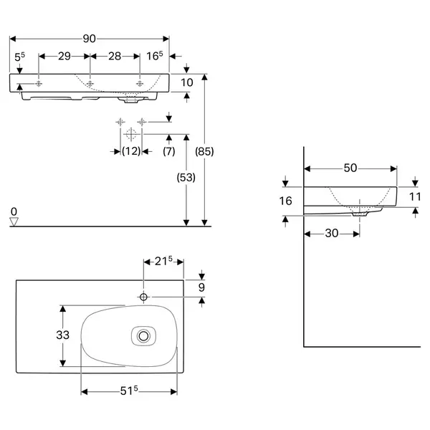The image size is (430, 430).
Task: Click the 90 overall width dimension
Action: coord(90,39)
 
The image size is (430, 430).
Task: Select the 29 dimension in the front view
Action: coord(64,56)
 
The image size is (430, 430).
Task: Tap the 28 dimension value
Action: coord(115,56)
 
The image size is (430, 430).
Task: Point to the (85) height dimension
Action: coord(204,151)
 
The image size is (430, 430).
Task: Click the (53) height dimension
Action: coord(186,178)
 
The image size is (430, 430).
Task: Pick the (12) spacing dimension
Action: coord(131,151)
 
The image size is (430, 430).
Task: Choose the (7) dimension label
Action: coord(169,151)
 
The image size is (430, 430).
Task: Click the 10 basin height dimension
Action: coord(187,82)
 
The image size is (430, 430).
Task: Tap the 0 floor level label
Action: coord(14,211)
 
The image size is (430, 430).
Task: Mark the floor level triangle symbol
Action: coord(14,221)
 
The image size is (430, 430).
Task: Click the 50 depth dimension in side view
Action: coord(350,168)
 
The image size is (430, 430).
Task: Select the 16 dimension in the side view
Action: coord(285,201)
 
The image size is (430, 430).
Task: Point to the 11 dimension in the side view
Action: coord(415,196)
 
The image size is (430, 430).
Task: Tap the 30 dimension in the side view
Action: coord(332,234)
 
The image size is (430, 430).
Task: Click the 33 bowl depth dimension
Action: coord(63,335)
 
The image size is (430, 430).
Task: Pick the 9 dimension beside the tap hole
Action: coord(201,287)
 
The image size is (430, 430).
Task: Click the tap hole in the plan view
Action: coord(143,297)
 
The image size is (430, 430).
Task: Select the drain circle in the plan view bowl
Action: coord(143,336)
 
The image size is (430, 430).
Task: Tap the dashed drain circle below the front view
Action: coord(131,135)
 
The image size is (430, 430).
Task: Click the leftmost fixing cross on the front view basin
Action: coord(39,84)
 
